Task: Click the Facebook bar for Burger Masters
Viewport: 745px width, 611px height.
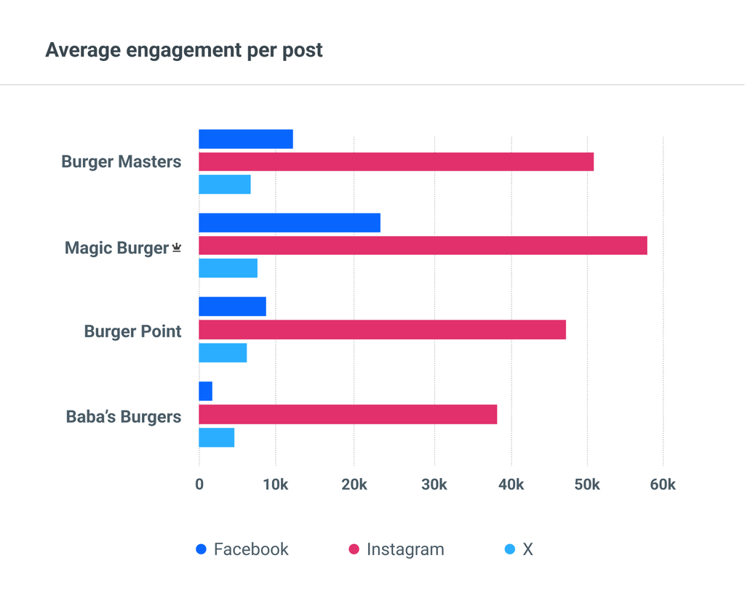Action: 246,139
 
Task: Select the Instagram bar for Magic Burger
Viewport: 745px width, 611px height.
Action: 423,246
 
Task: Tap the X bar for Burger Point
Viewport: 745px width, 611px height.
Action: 223,352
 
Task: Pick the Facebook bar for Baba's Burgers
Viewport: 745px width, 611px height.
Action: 206,391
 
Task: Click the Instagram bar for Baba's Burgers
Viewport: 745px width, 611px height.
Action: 348,414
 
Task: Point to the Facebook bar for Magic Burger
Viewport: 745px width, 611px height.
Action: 290,223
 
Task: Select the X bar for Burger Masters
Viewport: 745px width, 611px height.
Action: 225,185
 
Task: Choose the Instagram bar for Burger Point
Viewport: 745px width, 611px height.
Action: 382,330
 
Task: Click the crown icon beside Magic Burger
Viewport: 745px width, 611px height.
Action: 176,248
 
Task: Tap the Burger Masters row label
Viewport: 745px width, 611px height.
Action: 121,161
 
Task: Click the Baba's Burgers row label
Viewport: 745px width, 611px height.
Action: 123,416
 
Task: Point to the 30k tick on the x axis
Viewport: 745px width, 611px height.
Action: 434,485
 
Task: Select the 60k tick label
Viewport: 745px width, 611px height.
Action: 662,485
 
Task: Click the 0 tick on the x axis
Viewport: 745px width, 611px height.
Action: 199,485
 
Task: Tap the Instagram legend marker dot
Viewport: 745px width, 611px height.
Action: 354,549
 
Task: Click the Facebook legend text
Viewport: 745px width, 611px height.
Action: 251,549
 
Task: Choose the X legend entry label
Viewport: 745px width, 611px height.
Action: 527,549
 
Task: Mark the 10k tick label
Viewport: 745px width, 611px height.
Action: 276,485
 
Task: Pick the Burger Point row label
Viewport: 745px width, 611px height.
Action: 132,331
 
